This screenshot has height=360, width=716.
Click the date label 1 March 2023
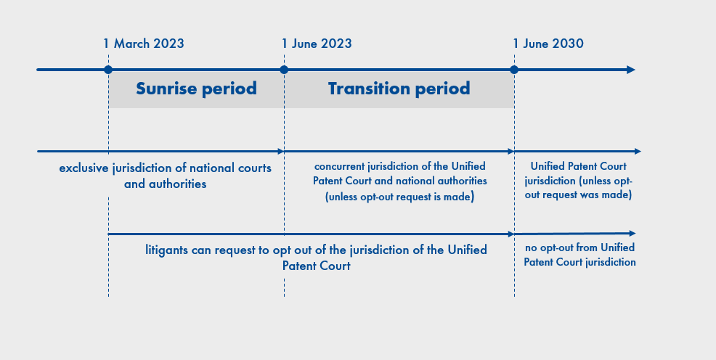[x=143, y=44]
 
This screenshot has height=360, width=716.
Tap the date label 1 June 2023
[x=317, y=44]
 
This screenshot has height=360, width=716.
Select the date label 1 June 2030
[x=548, y=44]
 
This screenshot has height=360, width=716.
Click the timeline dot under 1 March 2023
[x=108, y=70]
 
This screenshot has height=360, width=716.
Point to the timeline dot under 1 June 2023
[x=284, y=70]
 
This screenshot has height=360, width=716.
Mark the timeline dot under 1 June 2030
[x=514, y=70]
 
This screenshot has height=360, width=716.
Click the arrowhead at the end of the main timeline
[x=631, y=70]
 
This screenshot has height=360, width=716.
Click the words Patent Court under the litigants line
[x=317, y=266]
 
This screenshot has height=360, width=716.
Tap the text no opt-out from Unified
[x=580, y=247]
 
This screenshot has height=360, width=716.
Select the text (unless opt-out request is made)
[x=399, y=197]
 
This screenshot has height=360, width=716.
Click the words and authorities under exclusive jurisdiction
[x=166, y=184]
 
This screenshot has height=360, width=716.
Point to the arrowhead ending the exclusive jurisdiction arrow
[x=281, y=151]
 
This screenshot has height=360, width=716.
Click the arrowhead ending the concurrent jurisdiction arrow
[x=511, y=151]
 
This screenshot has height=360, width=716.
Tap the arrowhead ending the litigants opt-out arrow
[x=511, y=234]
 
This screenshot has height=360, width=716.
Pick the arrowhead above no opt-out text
[x=632, y=233]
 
